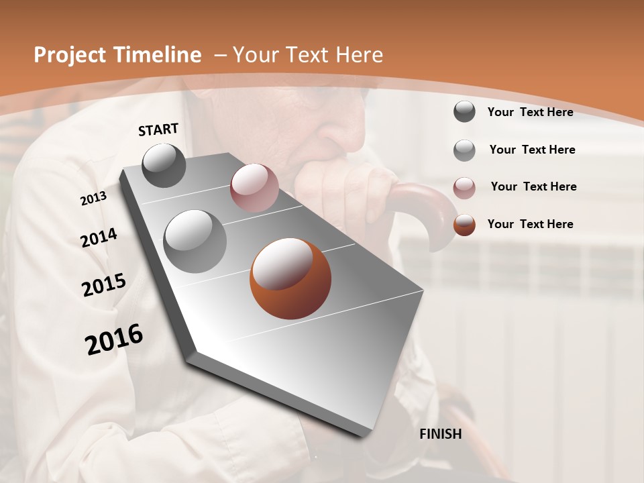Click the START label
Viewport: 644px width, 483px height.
coord(158,129)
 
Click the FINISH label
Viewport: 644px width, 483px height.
coord(441,434)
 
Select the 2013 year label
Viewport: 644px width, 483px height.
coord(94,199)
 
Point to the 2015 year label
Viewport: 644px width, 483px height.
coord(104,285)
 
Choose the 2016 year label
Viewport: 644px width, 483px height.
coord(114,339)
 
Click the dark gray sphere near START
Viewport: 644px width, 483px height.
coord(164,165)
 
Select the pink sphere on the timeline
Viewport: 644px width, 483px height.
coord(254,188)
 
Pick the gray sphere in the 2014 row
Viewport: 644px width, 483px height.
coord(195,241)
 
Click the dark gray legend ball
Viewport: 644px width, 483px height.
coord(464,111)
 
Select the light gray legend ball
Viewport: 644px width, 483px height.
coord(464,150)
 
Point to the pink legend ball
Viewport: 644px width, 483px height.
coord(464,187)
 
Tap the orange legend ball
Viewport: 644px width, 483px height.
coord(464,225)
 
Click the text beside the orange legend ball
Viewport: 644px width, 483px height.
coord(530,224)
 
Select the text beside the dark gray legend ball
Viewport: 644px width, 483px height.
coord(530,112)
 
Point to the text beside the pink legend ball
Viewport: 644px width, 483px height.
coord(533,186)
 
